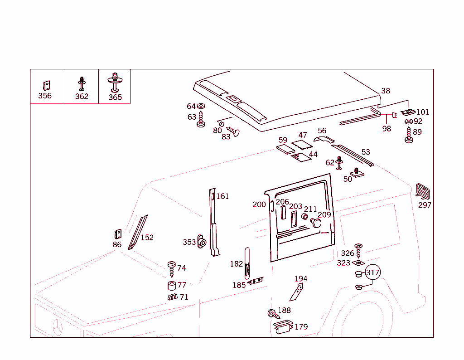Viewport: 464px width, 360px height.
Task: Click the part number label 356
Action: click(45, 96)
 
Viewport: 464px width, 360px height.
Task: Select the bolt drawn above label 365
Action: click(115, 82)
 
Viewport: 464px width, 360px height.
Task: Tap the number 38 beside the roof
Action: click(386, 91)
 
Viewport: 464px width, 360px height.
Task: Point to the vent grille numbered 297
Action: click(423, 191)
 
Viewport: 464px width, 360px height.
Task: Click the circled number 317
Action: click(372, 272)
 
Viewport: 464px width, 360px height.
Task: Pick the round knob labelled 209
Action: click(315, 223)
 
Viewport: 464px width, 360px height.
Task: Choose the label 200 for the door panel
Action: click(259, 204)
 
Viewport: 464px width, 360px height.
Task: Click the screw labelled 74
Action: click(172, 268)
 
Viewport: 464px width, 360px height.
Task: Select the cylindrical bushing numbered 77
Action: click(172, 286)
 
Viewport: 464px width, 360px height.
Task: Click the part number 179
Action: click(301, 326)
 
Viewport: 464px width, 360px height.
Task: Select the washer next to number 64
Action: click(201, 107)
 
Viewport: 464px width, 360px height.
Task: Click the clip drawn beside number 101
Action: click(409, 112)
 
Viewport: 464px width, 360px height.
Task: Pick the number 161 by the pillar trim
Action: click(222, 196)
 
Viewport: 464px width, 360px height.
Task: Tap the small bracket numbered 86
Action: click(117, 234)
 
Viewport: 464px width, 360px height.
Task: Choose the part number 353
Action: click(189, 242)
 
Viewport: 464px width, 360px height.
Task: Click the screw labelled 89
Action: click(408, 135)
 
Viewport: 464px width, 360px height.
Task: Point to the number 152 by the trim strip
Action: click(147, 237)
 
